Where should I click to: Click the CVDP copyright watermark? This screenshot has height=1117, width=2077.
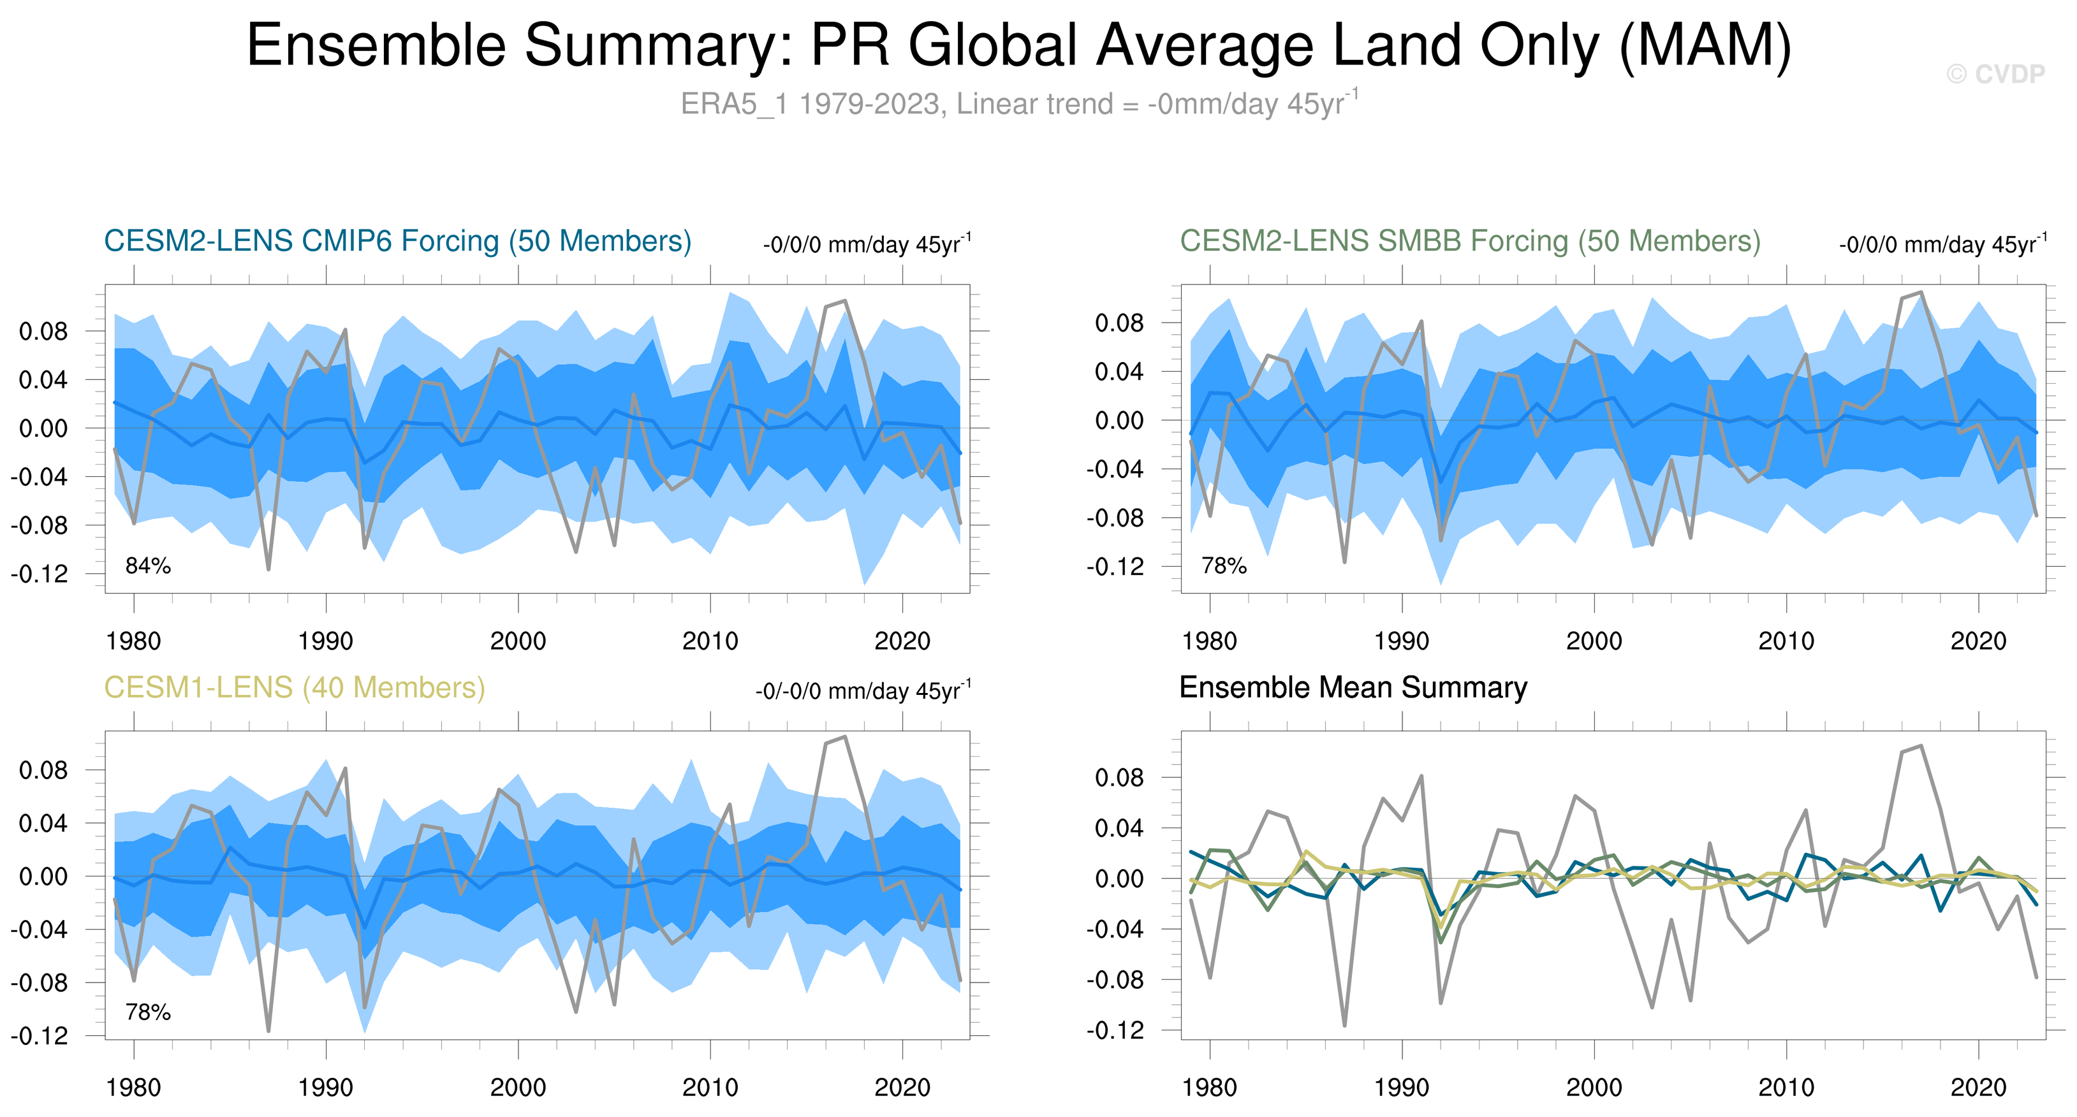pyautogui.click(x=1995, y=74)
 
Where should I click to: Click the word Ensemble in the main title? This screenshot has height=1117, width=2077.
pyautogui.click(x=376, y=45)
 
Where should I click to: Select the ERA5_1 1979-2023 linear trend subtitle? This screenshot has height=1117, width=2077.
pyautogui.click(x=1019, y=104)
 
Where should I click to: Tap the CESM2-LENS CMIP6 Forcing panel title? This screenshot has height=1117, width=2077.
pyautogui.click(x=397, y=241)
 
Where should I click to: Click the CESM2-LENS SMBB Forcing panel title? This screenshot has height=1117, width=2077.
pyautogui.click(x=1470, y=241)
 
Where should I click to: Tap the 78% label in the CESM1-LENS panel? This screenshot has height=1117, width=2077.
pyautogui.click(x=147, y=1012)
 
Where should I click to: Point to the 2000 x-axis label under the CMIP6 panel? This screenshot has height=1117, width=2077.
pyautogui.click(x=518, y=641)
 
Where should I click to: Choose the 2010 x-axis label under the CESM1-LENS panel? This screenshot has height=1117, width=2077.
pyautogui.click(x=710, y=1088)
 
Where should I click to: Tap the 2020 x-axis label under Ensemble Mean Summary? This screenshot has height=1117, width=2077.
pyautogui.click(x=1978, y=1088)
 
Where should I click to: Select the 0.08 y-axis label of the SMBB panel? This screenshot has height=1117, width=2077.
pyautogui.click(x=1119, y=323)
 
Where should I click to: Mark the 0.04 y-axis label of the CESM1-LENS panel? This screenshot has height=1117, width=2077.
pyautogui.click(x=43, y=823)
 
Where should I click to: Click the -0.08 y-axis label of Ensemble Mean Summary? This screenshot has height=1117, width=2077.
pyautogui.click(x=1115, y=980)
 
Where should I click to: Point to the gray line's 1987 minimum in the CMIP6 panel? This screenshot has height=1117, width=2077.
pyautogui.click(x=268, y=569)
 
